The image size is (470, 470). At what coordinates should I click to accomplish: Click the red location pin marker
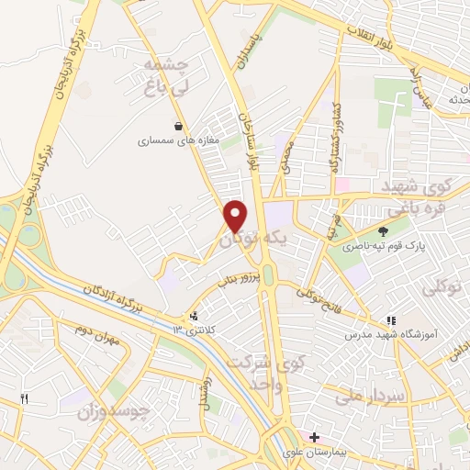[236, 216]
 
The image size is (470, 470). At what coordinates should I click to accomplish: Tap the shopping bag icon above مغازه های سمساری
[178, 126]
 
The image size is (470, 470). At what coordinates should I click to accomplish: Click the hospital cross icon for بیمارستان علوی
[315, 436]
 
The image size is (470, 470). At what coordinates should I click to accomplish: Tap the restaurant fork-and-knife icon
[25, 398]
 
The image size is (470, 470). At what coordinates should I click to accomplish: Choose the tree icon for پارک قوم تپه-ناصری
[383, 231]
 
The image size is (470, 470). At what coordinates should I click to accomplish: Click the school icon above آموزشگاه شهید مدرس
[391, 320]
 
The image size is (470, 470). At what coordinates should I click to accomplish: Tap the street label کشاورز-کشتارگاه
[336, 128]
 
